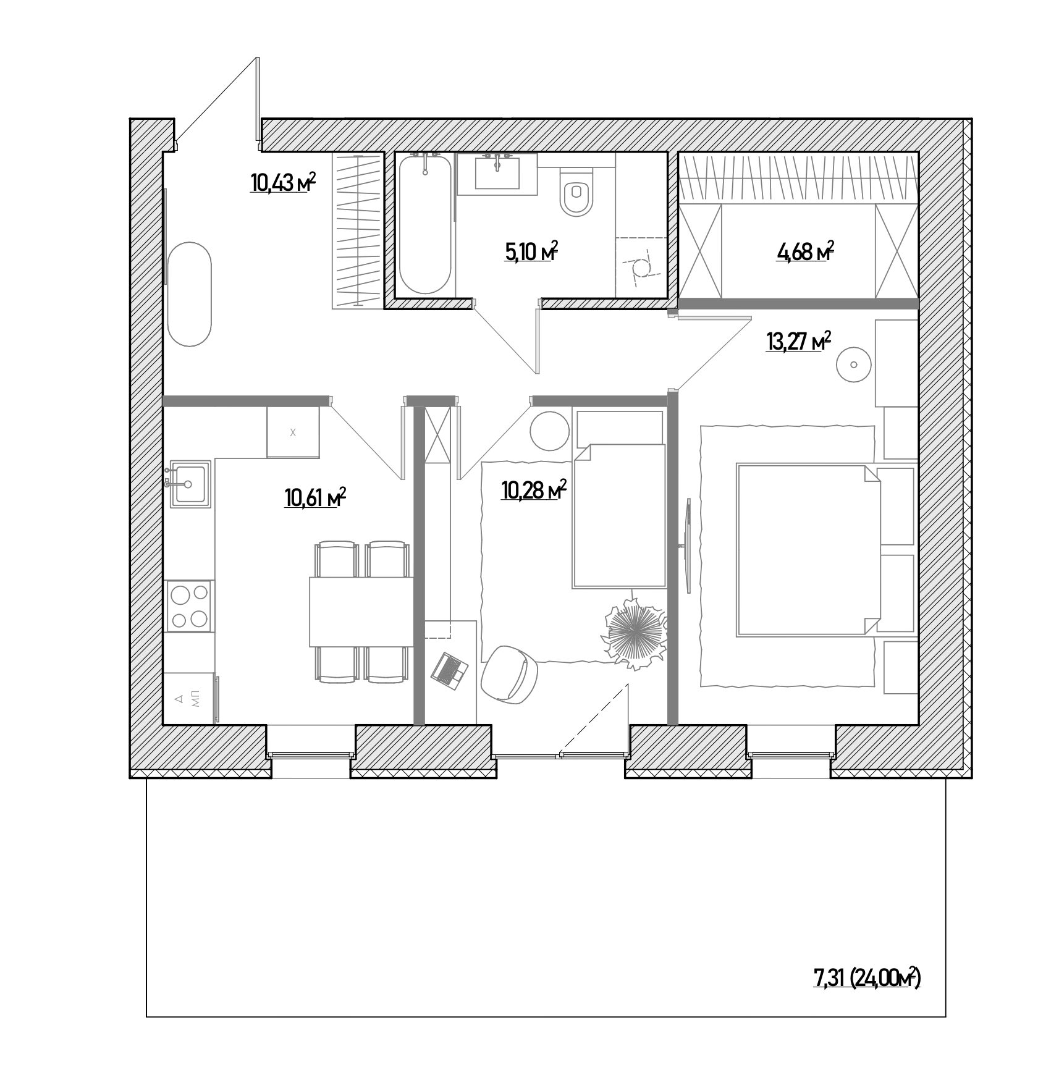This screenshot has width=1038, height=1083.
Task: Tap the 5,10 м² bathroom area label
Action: (x=531, y=252)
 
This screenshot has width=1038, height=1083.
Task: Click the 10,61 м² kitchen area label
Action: (x=314, y=497)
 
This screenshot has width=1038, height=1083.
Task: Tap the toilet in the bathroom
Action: (x=576, y=195)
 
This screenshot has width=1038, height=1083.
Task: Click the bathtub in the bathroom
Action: (x=426, y=225)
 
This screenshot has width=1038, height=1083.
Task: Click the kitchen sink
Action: (x=189, y=483)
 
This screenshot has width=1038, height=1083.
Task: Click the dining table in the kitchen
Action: (x=361, y=612)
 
